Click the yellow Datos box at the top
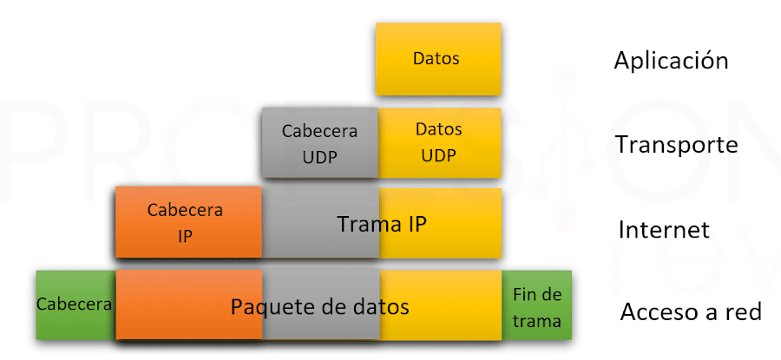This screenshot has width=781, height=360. pyautogui.click(x=438, y=59)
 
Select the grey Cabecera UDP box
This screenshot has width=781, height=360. pyautogui.click(x=320, y=144)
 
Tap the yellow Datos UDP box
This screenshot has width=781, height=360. pyautogui.click(x=440, y=144)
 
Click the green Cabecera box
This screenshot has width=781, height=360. pyautogui.click(x=75, y=304)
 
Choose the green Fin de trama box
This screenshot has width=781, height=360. pyautogui.click(x=537, y=307)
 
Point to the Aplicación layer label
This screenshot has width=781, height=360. pyautogui.click(x=671, y=61)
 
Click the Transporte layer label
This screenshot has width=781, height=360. pyautogui.click(x=676, y=144)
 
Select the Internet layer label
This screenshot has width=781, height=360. pyautogui.click(x=664, y=230)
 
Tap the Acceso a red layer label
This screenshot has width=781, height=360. pyautogui.click(x=691, y=312)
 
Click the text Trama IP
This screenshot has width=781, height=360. pyautogui.click(x=382, y=225)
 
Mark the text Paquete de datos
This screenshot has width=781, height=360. pyautogui.click(x=319, y=306)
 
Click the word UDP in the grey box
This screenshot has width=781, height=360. pyautogui.click(x=320, y=157)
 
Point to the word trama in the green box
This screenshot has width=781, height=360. pyautogui.click(x=537, y=321)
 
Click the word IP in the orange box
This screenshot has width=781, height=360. pyautogui.click(x=185, y=235)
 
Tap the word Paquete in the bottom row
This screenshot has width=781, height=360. pyautogui.click(x=264, y=306)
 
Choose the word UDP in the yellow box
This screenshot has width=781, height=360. pyautogui.click(x=439, y=156)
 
